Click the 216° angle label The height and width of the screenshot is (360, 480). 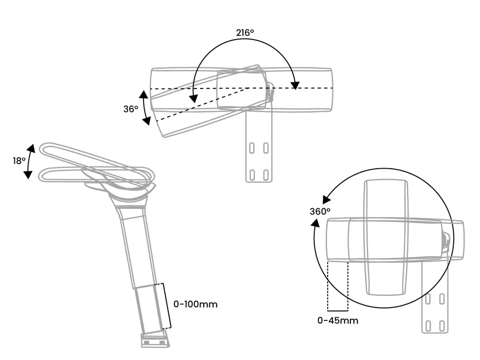tap(245, 32)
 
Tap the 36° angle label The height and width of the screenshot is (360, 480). tap(131, 109)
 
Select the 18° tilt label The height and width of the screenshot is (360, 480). tap(19, 160)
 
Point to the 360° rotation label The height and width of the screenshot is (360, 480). tap(319, 211)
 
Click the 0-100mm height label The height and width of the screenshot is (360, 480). tap(195, 304)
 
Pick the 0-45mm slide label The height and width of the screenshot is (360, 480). tap(337, 320)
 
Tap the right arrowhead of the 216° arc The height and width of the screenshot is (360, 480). tap(295, 84)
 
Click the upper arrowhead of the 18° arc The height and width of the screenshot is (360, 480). tap(30, 149)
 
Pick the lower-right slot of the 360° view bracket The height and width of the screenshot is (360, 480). tap(442, 326)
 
